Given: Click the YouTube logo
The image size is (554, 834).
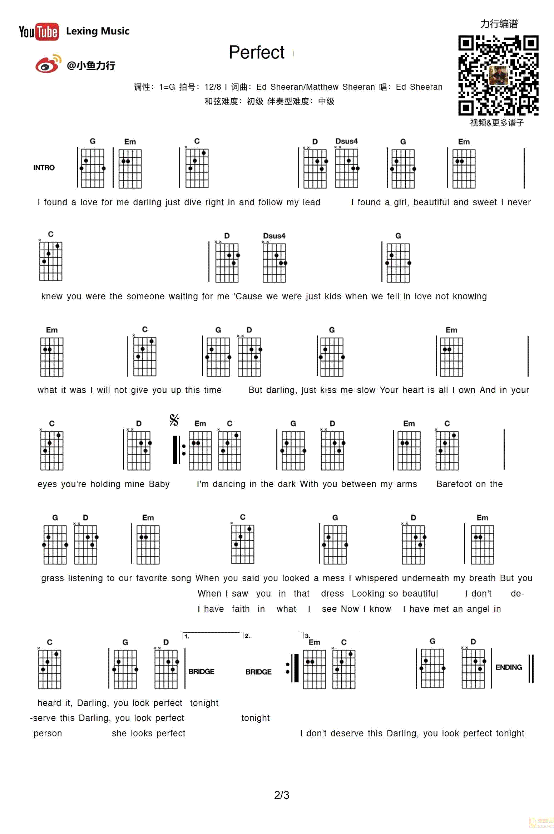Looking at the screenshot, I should tap(39, 32).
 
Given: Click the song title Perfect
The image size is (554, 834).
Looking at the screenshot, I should tap(256, 53).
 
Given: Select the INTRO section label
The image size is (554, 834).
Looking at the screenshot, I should tap(44, 168).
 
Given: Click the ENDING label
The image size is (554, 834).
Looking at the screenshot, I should tap(508, 667).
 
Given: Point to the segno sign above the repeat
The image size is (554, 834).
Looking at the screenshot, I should tap(174, 420).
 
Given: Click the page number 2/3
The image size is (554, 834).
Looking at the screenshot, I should tap(281, 795).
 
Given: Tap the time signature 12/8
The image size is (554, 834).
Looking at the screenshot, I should tap(213, 87).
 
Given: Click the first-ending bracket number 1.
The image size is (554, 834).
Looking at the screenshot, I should tap(187, 636).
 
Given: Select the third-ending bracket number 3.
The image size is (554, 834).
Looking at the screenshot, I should tap(307, 636).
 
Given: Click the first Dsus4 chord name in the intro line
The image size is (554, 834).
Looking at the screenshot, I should tap(346, 141).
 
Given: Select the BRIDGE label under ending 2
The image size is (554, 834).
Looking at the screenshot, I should tap(258, 672).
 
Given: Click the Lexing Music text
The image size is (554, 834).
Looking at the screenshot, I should tap(98, 31).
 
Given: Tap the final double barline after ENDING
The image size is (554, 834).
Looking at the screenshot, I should tap(531, 668).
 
